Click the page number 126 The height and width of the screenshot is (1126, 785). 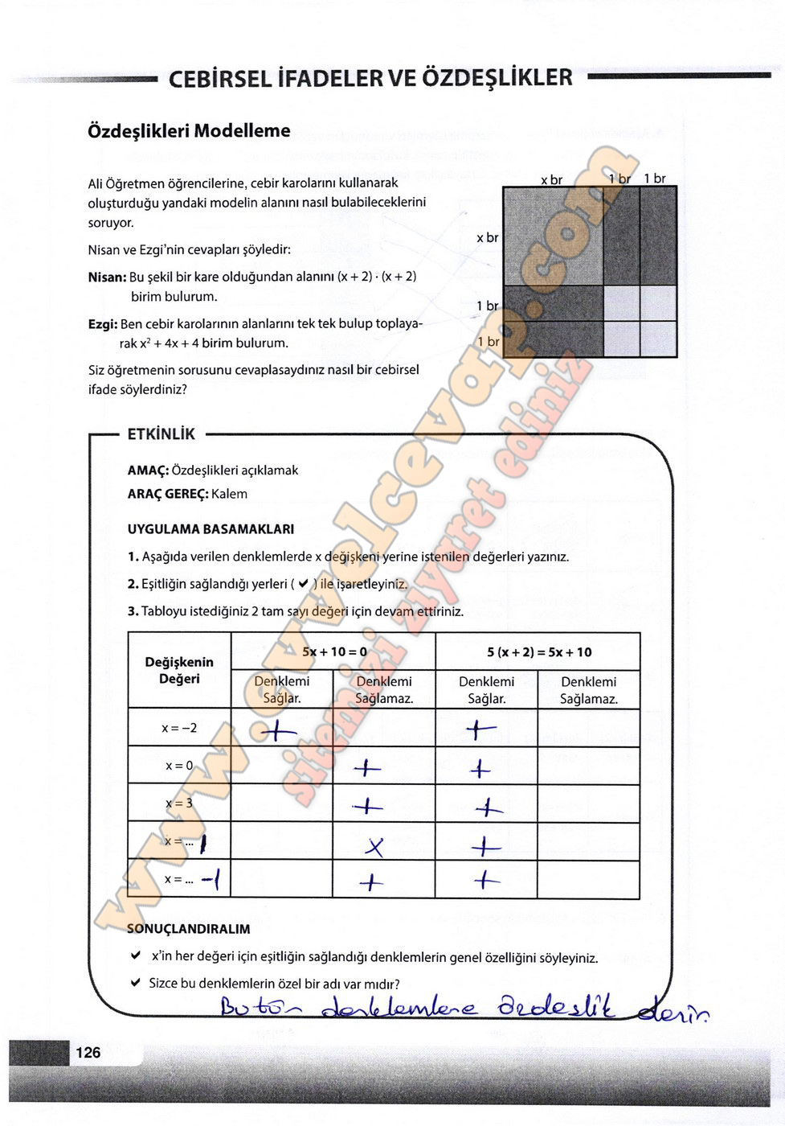click(x=88, y=1052)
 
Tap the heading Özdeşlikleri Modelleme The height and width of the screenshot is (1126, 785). click(x=189, y=131)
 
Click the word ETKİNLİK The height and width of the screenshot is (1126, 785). click(x=161, y=434)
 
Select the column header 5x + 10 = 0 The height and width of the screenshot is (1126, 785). click(x=334, y=651)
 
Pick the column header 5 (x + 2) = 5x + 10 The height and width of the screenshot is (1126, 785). click(x=538, y=652)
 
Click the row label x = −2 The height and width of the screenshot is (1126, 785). click(x=179, y=728)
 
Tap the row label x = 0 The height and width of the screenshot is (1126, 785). click(x=179, y=766)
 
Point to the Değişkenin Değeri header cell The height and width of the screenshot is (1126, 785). click(x=179, y=670)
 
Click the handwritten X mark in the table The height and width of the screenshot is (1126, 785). click(x=374, y=846)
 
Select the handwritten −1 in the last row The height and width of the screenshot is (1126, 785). click(x=212, y=878)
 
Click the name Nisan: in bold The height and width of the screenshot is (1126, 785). click(x=107, y=277)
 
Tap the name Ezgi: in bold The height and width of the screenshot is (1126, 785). click(x=103, y=323)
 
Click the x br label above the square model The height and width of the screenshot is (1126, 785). click(x=551, y=179)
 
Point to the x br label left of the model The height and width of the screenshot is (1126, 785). click(x=487, y=237)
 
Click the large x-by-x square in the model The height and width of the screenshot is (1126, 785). click(x=553, y=236)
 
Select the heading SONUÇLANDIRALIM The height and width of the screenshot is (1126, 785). click(x=188, y=929)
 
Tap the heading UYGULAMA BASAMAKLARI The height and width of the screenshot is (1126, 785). click(x=211, y=529)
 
